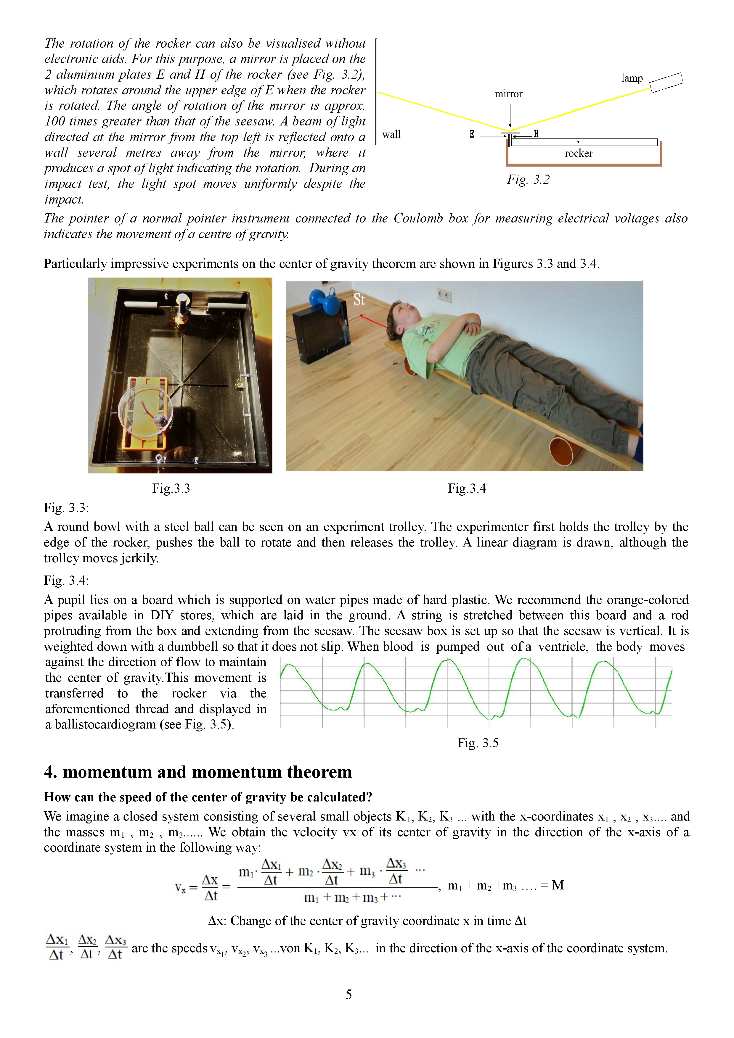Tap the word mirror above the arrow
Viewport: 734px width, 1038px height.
(x=508, y=94)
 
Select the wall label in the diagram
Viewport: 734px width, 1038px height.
(x=391, y=134)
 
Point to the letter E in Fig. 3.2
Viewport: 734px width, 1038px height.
(x=472, y=134)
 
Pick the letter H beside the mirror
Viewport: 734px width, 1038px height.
(x=536, y=133)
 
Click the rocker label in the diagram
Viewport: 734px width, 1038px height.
(x=578, y=153)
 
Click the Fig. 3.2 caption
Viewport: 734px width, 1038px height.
(x=528, y=180)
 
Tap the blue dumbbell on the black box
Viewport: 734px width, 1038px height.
(x=324, y=301)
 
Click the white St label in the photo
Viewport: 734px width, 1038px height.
(x=359, y=299)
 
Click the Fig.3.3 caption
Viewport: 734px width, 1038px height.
(x=171, y=488)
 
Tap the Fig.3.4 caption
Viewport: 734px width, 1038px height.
(x=467, y=488)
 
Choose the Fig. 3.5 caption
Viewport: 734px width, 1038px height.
(x=478, y=743)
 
